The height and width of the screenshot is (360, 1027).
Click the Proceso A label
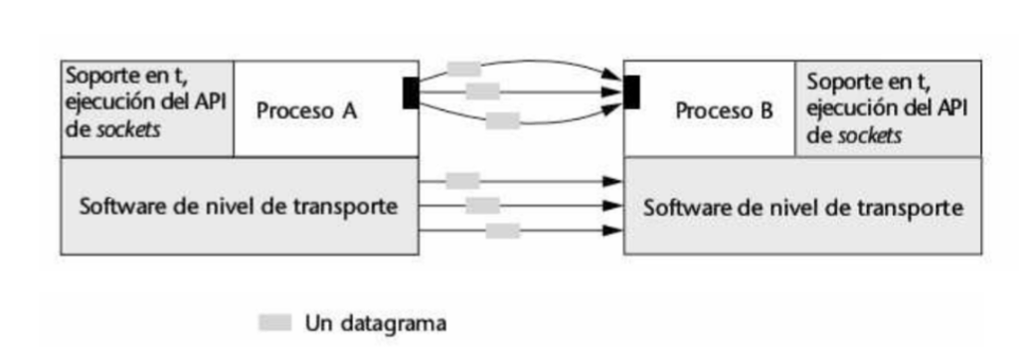(306, 111)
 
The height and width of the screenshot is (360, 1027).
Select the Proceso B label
(724, 111)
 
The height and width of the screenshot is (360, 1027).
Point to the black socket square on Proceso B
(630, 92)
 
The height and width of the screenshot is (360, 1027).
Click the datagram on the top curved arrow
(463, 69)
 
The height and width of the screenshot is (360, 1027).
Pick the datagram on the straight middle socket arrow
(482, 91)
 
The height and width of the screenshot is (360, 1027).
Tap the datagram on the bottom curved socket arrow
(503, 121)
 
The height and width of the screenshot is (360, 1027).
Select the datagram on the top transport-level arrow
(462, 181)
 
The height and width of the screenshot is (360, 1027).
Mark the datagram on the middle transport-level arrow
(482, 206)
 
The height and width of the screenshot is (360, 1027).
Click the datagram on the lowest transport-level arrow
(503, 231)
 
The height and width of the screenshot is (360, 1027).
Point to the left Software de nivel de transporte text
(239, 207)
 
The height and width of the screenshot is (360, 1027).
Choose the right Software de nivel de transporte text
(802, 209)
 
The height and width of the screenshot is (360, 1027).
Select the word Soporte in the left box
(98, 76)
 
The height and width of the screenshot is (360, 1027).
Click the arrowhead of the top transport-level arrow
(614, 181)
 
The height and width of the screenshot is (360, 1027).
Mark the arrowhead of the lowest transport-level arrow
(614, 231)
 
